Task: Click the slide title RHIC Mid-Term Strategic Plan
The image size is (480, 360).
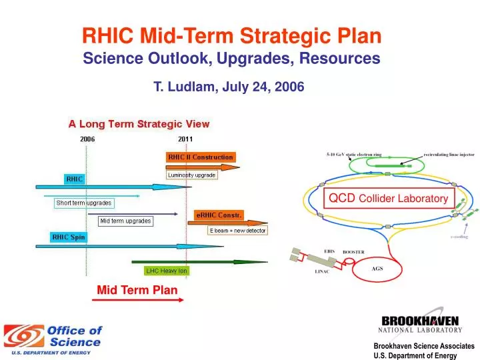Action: pyautogui.click(x=231, y=35)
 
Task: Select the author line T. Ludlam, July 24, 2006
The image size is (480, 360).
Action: pyautogui.click(x=229, y=86)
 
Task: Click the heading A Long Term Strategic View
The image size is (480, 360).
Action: pyautogui.click(x=139, y=123)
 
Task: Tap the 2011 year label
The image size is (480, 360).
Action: pyautogui.click(x=186, y=139)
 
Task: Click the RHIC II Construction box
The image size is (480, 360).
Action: pyautogui.click(x=200, y=157)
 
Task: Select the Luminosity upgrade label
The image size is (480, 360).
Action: pyautogui.click(x=191, y=175)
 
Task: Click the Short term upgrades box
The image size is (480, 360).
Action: pyautogui.click(x=84, y=203)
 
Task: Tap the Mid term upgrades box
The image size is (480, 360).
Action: pyautogui.click(x=125, y=221)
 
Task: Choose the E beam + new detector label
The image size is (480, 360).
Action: pyautogui.click(x=237, y=230)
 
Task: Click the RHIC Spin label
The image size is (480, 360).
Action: pyautogui.click(x=69, y=237)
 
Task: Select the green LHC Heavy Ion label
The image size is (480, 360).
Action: pyautogui.click(x=167, y=271)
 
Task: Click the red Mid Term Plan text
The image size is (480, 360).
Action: pyautogui.click(x=137, y=289)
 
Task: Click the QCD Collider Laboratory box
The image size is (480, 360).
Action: pyautogui.click(x=389, y=198)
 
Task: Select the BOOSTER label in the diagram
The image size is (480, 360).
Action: pyautogui.click(x=353, y=252)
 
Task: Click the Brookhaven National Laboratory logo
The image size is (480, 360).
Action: pyautogui.click(x=420, y=323)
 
